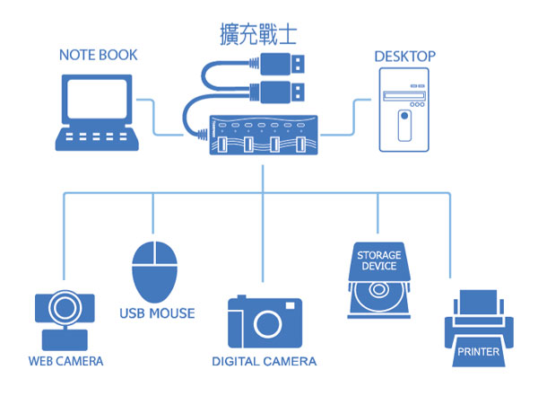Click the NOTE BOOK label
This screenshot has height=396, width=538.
pos(98,56)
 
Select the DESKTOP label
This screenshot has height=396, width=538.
pos(404,57)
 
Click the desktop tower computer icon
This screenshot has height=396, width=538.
pos(403,112)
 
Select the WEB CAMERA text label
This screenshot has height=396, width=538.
pos(65,361)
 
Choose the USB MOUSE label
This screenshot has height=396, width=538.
pos(157,314)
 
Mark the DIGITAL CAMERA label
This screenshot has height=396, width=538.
pos(264,362)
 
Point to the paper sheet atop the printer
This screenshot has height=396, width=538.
pos(479,300)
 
